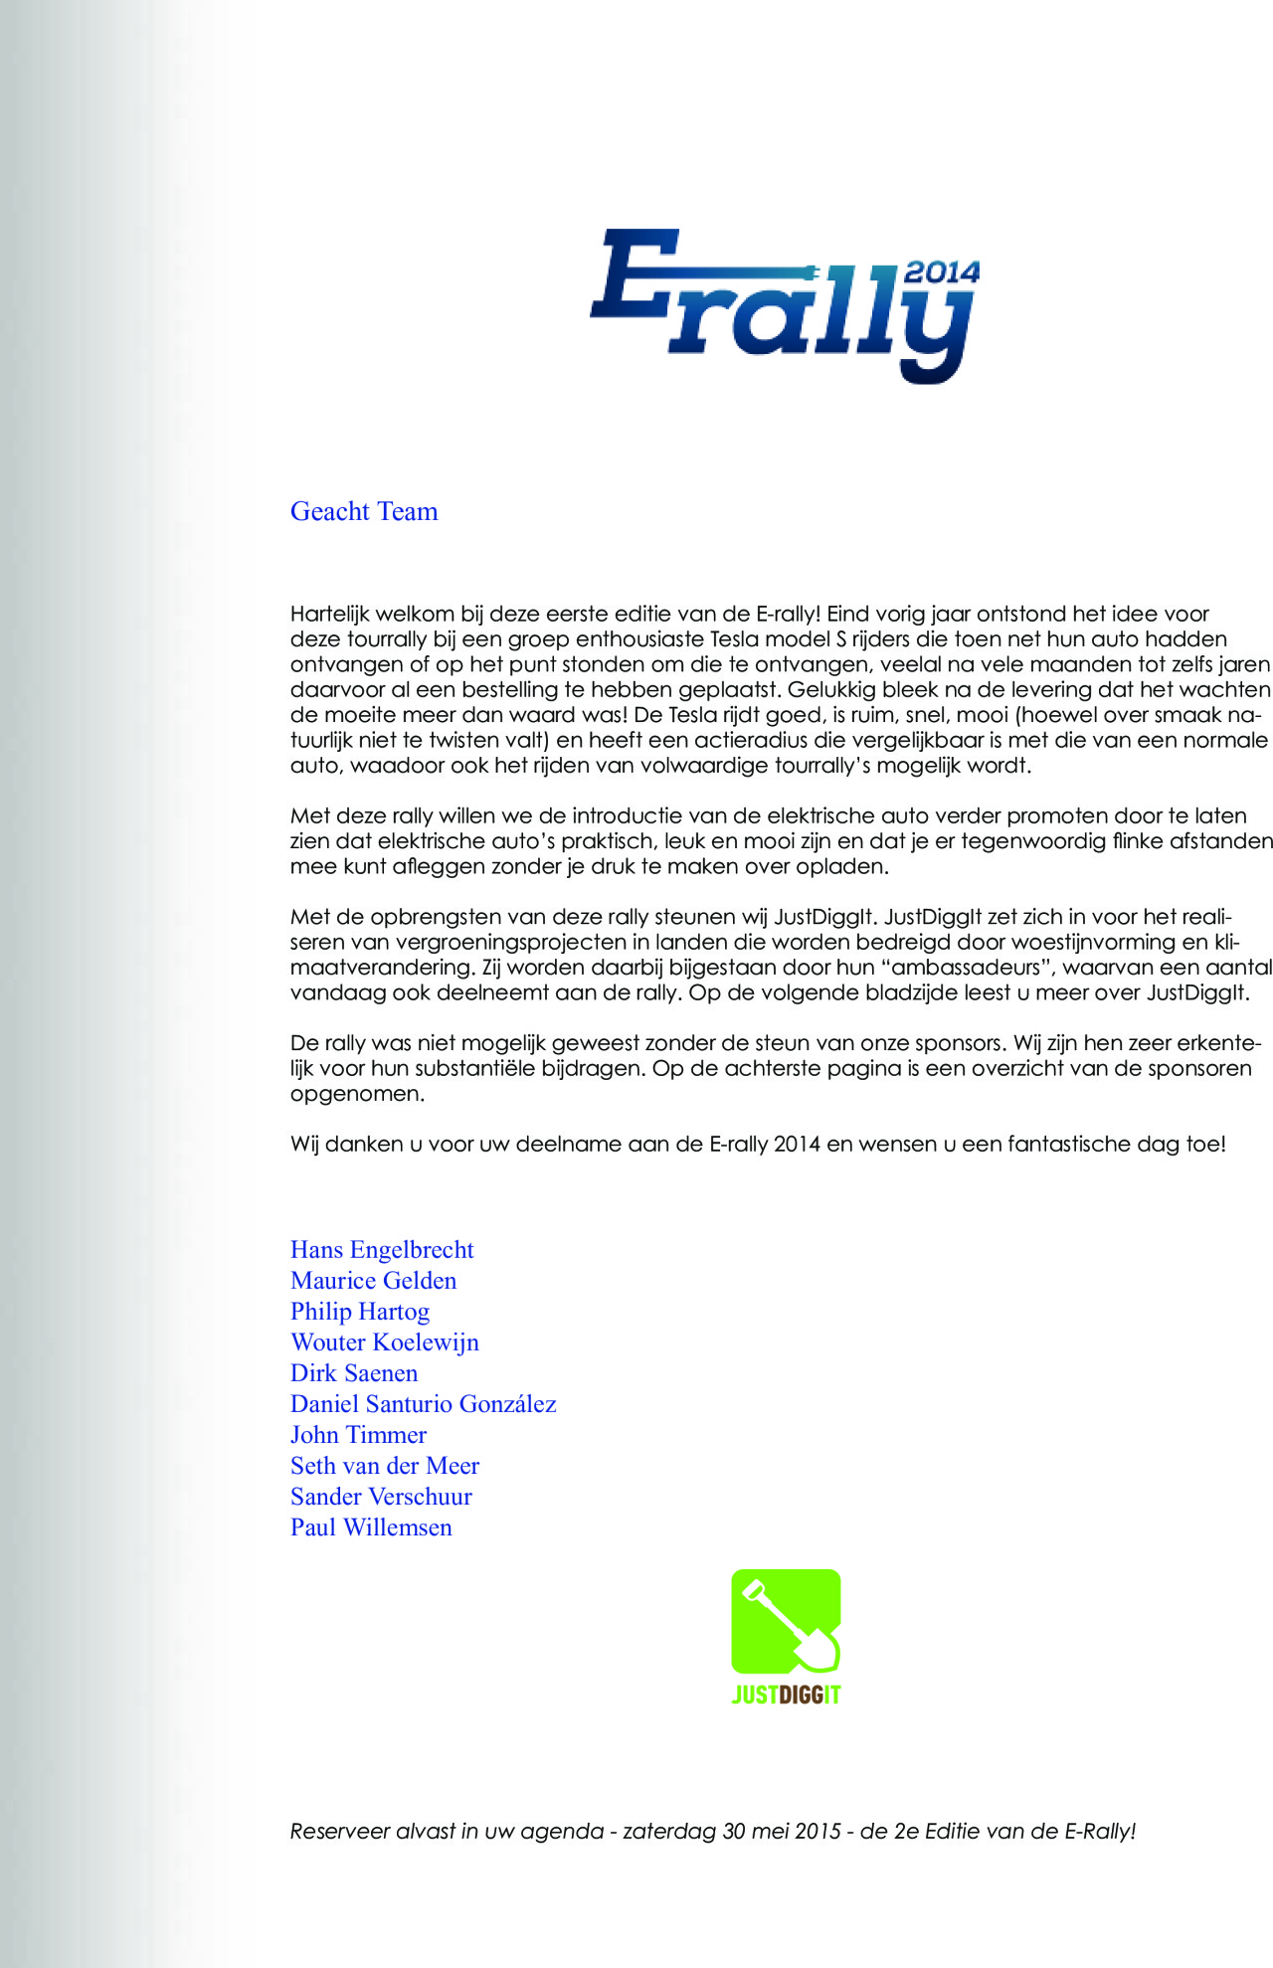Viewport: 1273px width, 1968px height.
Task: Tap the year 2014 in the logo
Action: point(941,272)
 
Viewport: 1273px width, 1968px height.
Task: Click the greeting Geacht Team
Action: point(364,511)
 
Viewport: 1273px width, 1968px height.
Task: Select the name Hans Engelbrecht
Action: point(382,1250)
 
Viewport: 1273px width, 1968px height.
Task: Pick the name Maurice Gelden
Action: point(373,1281)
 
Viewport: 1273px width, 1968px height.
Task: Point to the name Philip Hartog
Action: point(360,1312)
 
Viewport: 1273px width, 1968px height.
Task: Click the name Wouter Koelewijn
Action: point(384,1342)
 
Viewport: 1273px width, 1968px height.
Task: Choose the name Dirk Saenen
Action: point(354,1373)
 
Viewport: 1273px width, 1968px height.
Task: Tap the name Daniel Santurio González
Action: point(423,1404)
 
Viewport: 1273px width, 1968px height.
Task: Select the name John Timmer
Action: point(358,1435)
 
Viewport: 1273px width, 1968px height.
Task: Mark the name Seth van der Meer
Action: point(385,1466)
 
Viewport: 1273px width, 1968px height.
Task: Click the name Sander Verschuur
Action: point(381,1497)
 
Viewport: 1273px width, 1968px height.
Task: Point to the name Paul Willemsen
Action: point(371,1527)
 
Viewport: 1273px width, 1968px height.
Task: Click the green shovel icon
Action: point(786,1621)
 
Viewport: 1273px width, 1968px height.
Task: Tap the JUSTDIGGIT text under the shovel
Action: point(786,1695)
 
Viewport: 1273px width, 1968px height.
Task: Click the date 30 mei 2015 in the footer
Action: point(782,1831)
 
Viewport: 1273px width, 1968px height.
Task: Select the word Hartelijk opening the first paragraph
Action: point(329,614)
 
